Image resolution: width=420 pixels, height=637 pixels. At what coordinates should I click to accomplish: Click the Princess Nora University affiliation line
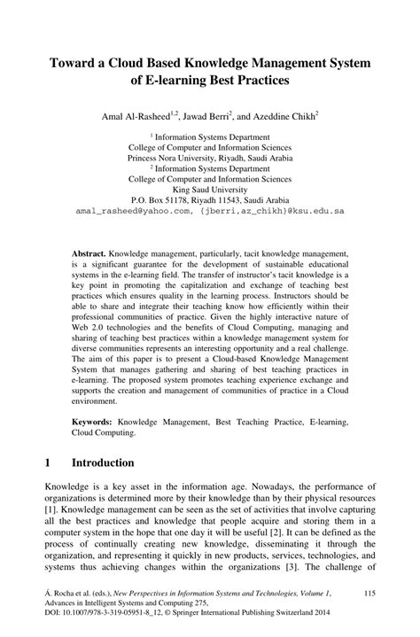(210, 157)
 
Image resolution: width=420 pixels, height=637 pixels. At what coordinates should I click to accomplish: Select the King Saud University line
(210, 189)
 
